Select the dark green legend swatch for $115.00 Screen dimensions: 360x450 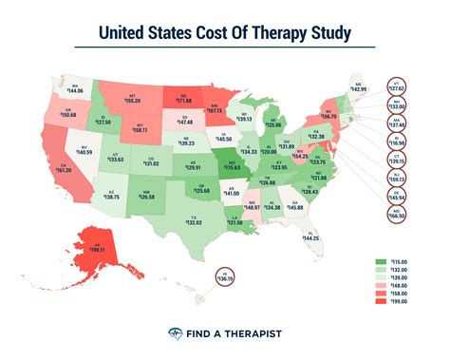pyautogui.click(x=380, y=260)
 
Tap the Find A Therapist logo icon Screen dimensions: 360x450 pyautogui.click(x=175, y=333)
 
